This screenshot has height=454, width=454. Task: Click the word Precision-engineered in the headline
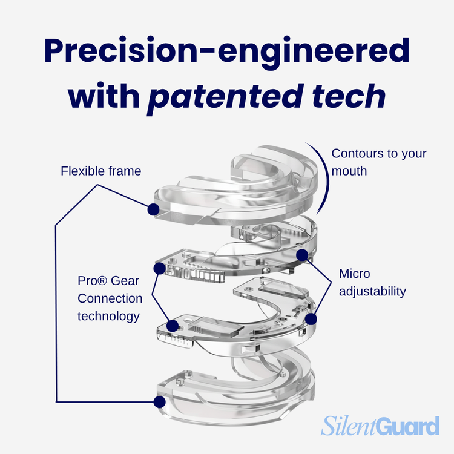click(x=226, y=52)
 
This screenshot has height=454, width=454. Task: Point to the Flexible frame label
click(x=100, y=171)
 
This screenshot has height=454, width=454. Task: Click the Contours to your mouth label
click(x=378, y=162)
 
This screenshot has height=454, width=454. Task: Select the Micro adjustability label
click(x=372, y=283)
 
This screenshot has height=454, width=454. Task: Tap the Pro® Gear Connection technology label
click(x=110, y=298)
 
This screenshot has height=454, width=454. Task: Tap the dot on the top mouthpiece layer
click(x=153, y=209)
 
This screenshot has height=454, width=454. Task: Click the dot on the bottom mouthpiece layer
click(x=160, y=401)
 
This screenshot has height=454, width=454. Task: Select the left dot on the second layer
click(x=160, y=267)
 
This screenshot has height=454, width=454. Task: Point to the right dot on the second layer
click(x=303, y=255)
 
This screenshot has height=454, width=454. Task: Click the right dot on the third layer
click(x=311, y=317)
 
